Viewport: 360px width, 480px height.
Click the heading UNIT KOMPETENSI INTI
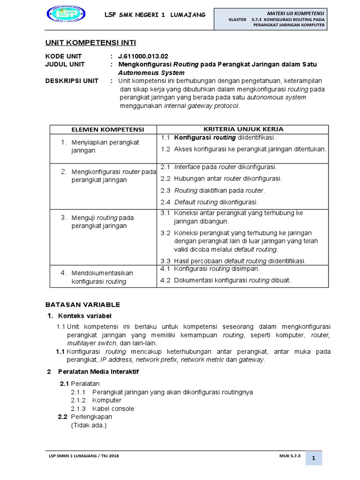click(90, 43)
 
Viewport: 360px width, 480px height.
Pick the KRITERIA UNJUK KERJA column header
click(243, 129)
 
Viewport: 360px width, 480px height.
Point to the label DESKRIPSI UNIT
click(72, 81)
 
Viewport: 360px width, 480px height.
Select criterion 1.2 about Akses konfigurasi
click(243, 149)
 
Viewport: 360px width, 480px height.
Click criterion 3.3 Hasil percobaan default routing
click(233, 261)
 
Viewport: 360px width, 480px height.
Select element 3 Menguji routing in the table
click(102, 222)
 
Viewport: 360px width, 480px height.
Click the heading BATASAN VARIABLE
click(82, 304)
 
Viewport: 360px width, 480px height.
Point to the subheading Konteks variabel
click(85, 315)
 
